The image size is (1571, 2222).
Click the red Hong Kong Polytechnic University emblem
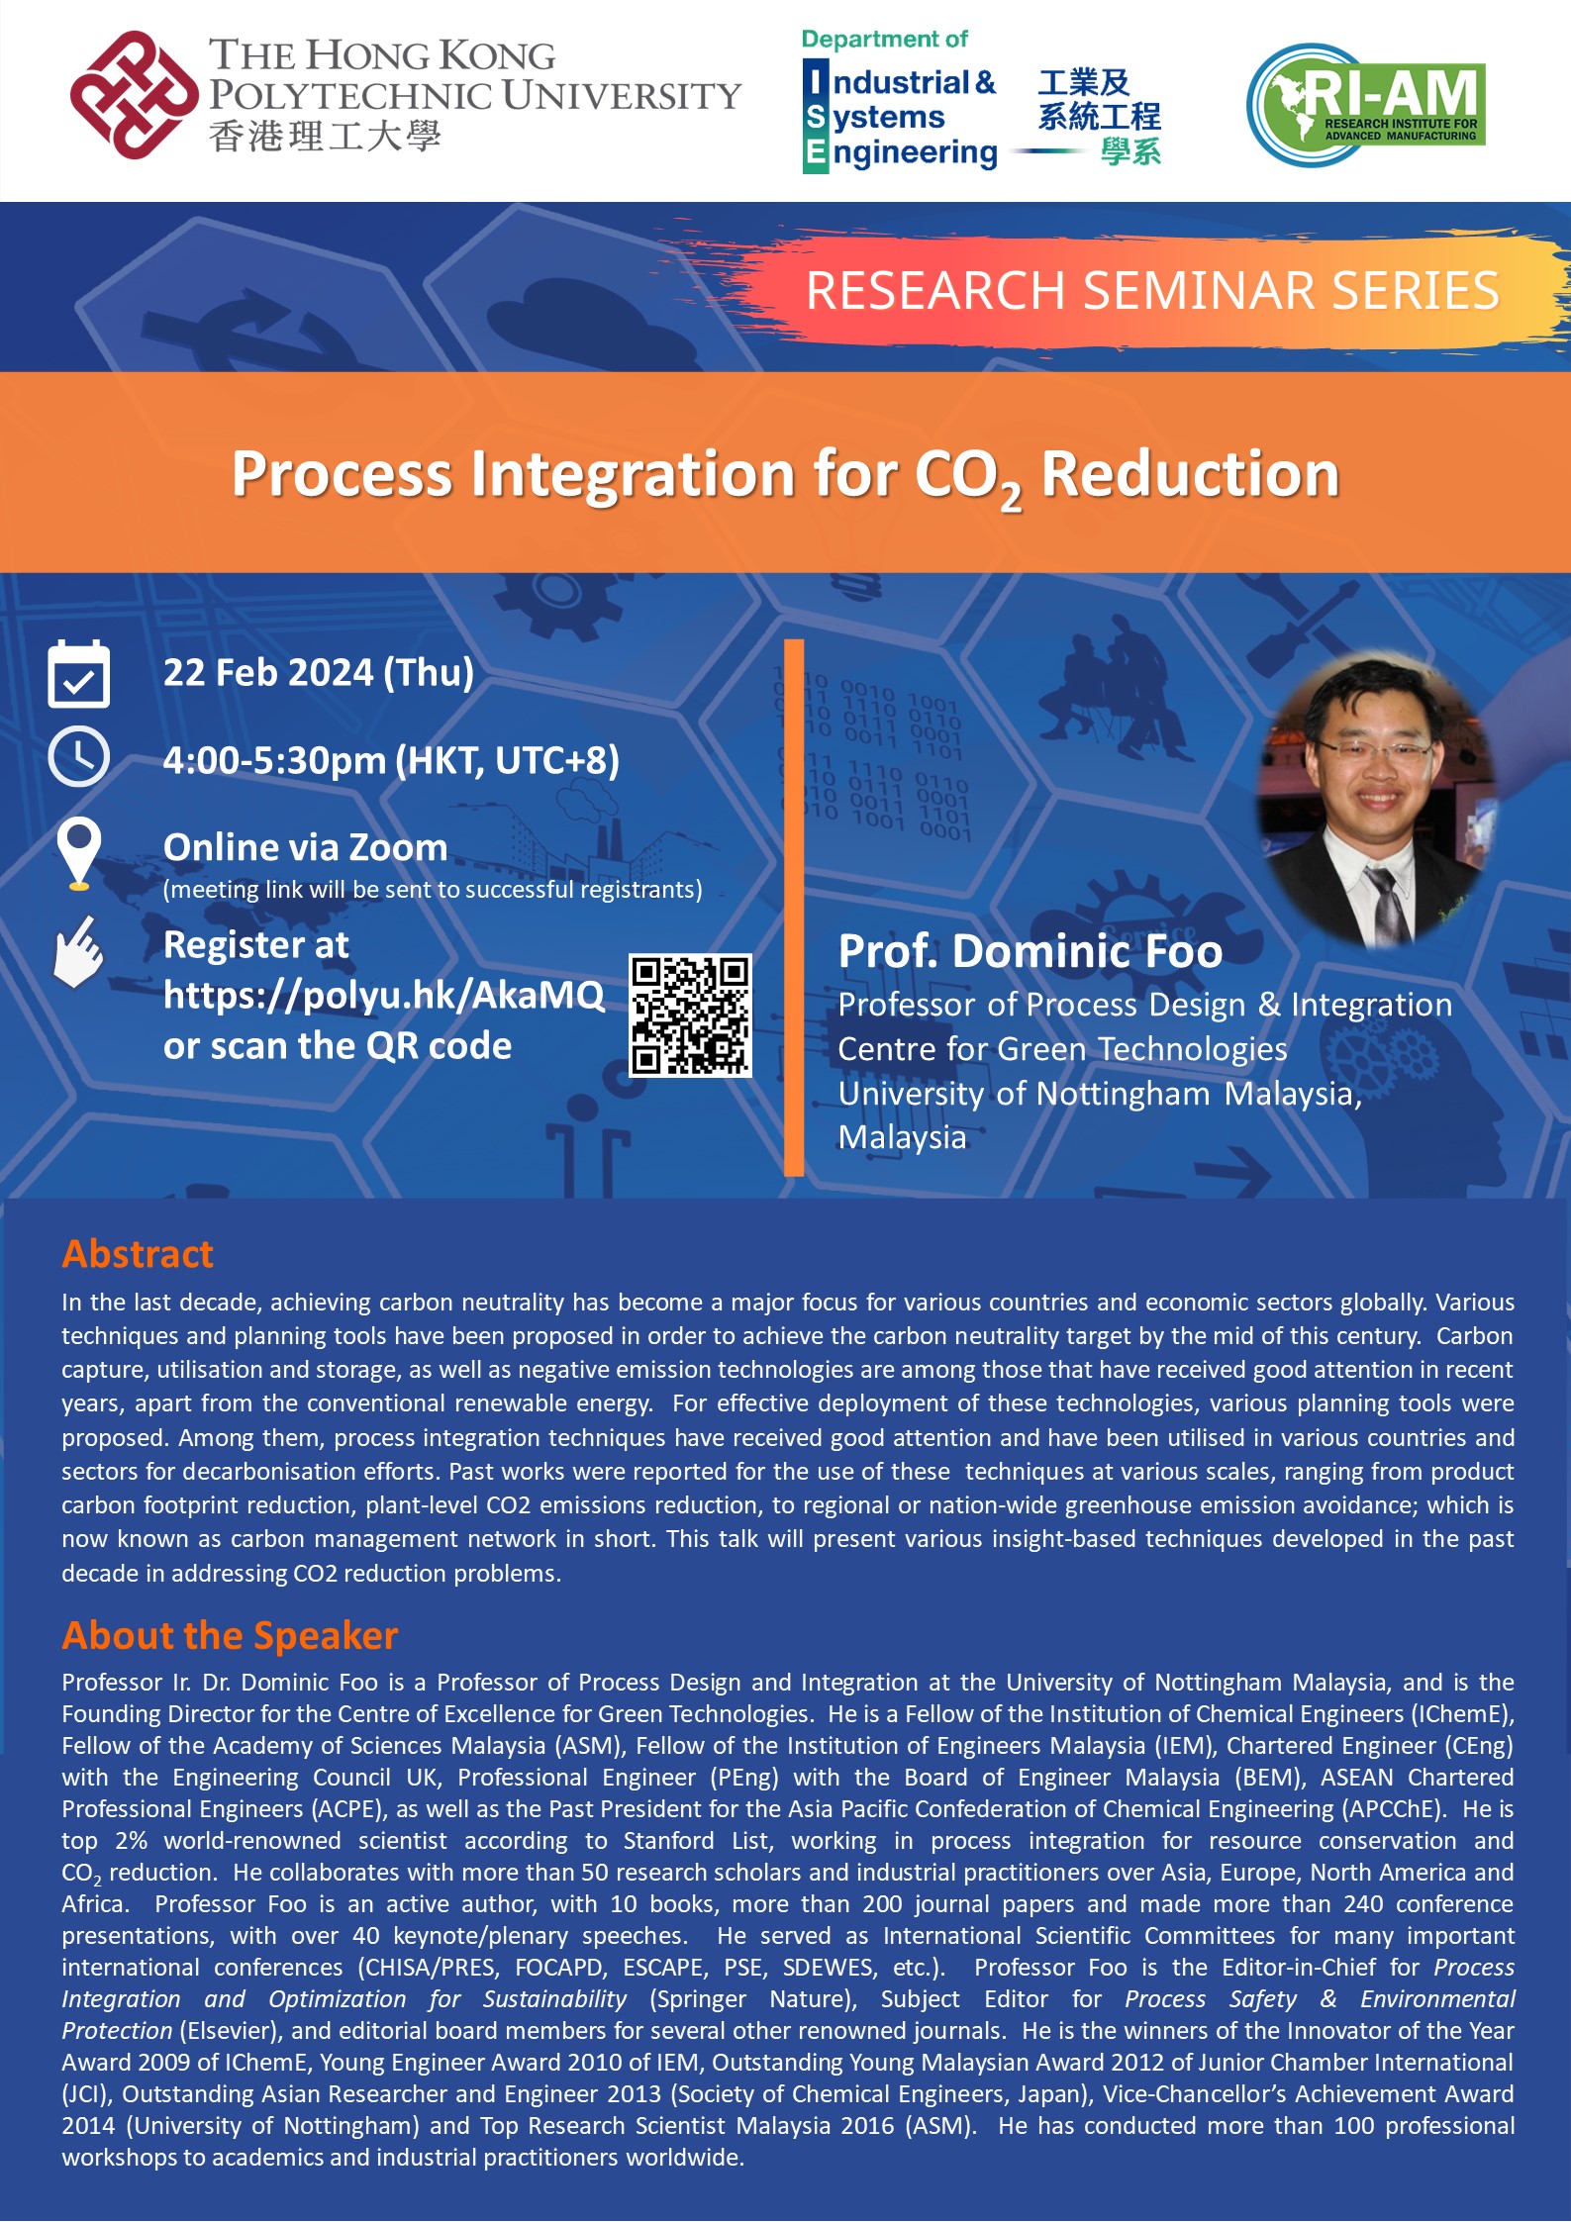[134, 95]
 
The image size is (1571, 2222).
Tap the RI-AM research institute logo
[1366, 104]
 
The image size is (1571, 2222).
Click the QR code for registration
[690, 1014]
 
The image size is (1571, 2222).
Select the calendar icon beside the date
[79, 674]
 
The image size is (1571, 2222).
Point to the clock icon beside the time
[79, 757]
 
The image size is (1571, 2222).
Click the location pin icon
[79, 851]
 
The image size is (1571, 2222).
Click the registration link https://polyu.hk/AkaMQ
[383, 995]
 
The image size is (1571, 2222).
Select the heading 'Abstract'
[138, 1254]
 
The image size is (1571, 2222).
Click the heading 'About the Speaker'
[230, 1635]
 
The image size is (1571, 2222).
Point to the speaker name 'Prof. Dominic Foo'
[1030, 951]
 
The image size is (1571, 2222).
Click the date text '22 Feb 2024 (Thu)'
[318, 673]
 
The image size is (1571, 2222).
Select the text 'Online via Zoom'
[305, 847]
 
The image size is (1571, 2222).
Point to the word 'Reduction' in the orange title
[1189, 474]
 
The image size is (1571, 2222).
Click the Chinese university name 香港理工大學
[325, 137]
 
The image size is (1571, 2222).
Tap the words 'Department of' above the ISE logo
[884, 40]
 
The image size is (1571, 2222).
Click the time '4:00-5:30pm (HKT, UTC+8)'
[391, 760]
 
